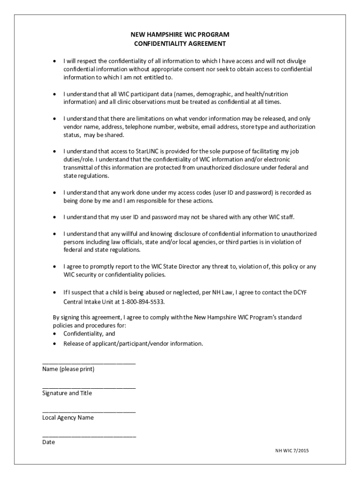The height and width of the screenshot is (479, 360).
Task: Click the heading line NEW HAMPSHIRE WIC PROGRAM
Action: tap(180, 35)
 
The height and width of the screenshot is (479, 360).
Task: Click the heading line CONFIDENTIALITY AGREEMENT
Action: tap(180, 44)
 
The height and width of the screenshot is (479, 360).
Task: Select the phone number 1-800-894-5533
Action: tap(142, 302)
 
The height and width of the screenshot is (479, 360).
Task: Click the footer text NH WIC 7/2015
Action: tap(292, 450)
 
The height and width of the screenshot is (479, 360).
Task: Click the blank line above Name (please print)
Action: tap(89, 363)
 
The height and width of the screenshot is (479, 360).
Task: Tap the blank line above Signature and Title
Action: tap(89, 387)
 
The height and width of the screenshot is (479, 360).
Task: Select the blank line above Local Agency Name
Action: tap(89, 411)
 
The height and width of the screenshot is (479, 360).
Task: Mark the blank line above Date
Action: tap(89, 435)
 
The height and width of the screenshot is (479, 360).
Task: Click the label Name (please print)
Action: tap(68, 370)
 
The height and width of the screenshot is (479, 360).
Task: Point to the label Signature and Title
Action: tap(67, 393)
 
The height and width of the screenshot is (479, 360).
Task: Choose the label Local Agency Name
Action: tap(68, 418)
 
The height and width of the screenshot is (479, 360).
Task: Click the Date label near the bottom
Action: tap(49, 442)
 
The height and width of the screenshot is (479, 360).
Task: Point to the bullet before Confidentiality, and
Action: tap(55, 334)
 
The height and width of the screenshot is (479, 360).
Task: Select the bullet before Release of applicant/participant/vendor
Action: tap(55, 344)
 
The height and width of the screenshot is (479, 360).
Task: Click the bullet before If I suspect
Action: tap(55, 292)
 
